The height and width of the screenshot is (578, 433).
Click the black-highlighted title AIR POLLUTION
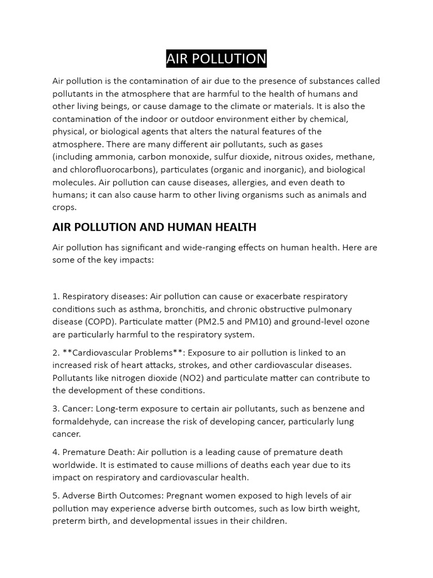click(x=216, y=59)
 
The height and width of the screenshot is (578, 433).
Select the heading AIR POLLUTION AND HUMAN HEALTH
click(x=154, y=227)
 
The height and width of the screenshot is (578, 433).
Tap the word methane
click(x=356, y=157)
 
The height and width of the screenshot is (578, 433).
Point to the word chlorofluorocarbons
click(x=113, y=169)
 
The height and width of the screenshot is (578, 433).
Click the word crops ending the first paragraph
click(x=64, y=207)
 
